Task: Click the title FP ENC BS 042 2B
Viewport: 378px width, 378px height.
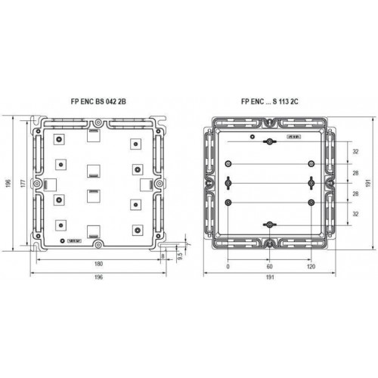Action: click(x=98, y=101)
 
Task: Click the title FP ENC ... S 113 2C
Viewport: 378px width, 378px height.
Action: click(x=270, y=101)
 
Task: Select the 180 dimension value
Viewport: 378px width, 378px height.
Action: click(x=98, y=264)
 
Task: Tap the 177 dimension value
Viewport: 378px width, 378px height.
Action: click(x=23, y=183)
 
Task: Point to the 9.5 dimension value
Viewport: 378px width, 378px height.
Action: click(x=180, y=256)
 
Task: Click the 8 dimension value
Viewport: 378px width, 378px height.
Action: click(x=163, y=256)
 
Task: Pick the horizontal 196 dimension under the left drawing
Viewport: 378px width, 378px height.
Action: click(x=98, y=277)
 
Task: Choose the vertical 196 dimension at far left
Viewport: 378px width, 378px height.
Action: click(x=8, y=183)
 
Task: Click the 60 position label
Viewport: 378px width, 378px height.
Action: click(x=269, y=266)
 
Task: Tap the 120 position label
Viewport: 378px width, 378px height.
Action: click(x=311, y=266)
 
